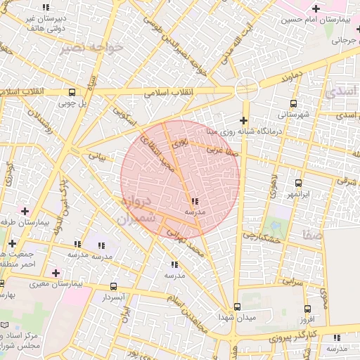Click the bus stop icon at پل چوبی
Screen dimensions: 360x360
[x=72, y=92]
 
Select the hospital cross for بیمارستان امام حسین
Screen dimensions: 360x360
[x=316, y=8]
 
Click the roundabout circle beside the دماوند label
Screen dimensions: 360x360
[x=245, y=88]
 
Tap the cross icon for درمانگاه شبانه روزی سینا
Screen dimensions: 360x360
[x=243, y=120]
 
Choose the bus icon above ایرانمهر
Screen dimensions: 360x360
[x=299, y=182]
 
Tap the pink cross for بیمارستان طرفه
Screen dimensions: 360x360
[x=25, y=210]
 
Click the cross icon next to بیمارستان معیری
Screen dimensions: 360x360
[x=56, y=273]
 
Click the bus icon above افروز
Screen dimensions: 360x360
[x=307, y=309]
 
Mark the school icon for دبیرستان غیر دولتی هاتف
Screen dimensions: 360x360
[x=46, y=7]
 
